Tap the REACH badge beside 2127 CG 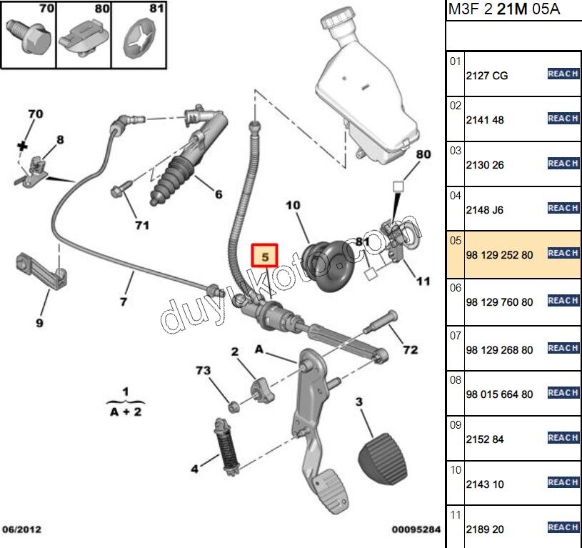coord(562,74)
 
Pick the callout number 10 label coord(293,206)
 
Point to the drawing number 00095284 coord(416,529)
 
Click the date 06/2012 coord(21,529)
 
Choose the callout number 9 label coord(39,323)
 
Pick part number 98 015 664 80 coord(498,394)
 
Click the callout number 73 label coord(204,370)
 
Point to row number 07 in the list coord(455,334)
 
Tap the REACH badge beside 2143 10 coord(562,483)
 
